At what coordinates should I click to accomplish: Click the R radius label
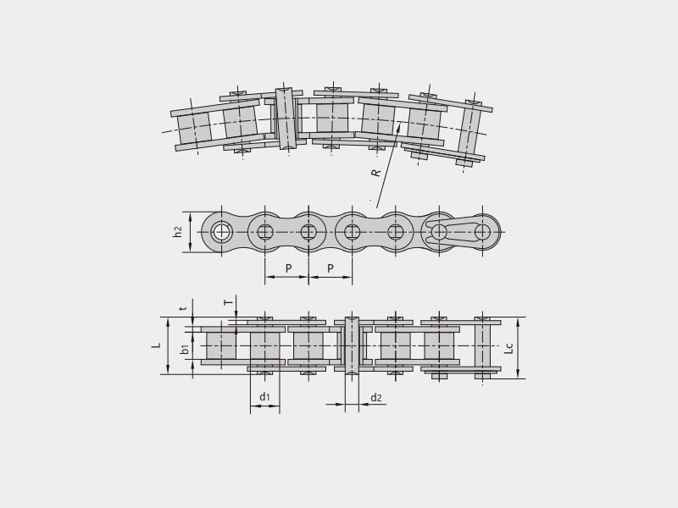click(376, 173)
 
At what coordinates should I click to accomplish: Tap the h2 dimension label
click(178, 231)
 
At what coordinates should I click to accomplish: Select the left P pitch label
click(288, 268)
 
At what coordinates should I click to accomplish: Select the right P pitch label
click(331, 268)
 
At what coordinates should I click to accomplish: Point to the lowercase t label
click(184, 308)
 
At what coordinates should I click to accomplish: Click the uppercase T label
click(228, 302)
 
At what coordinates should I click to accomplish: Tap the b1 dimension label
click(184, 349)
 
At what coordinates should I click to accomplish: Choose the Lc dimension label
click(509, 348)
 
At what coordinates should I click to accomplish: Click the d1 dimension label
click(264, 396)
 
